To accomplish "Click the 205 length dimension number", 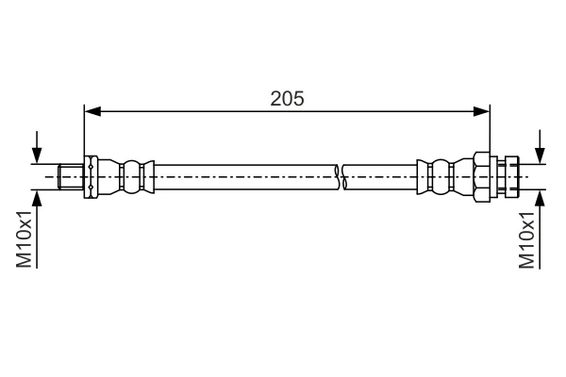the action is point(288,98).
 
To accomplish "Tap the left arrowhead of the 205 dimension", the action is point(92,111).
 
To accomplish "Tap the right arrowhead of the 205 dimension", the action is point(481,111).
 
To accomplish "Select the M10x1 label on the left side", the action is point(25,239).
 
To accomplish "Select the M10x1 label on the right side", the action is point(526,240).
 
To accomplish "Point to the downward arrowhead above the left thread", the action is point(37,156).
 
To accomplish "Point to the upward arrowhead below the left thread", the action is point(37,198).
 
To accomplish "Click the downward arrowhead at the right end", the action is point(540,156).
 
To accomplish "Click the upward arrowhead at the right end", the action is point(540,198).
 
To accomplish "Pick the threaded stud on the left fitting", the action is point(71,177).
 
